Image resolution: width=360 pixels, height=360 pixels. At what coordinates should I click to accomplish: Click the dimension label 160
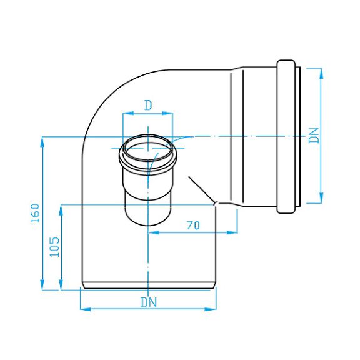(36, 213)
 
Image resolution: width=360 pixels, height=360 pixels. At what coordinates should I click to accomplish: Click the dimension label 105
(54, 247)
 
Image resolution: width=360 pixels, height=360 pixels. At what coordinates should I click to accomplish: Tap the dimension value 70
(193, 225)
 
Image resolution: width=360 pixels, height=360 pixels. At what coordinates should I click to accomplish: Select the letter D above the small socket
(149, 106)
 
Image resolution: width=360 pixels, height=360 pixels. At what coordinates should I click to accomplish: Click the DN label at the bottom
(149, 302)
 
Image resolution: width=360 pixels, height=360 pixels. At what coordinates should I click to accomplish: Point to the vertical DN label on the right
(314, 135)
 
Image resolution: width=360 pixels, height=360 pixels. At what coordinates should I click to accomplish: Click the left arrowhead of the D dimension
(128, 113)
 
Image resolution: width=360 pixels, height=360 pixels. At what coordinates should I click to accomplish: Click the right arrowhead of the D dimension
(167, 113)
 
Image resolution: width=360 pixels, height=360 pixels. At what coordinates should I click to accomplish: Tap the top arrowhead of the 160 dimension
(42, 142)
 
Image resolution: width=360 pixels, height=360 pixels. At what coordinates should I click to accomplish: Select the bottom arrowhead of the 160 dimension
(42, 285)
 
